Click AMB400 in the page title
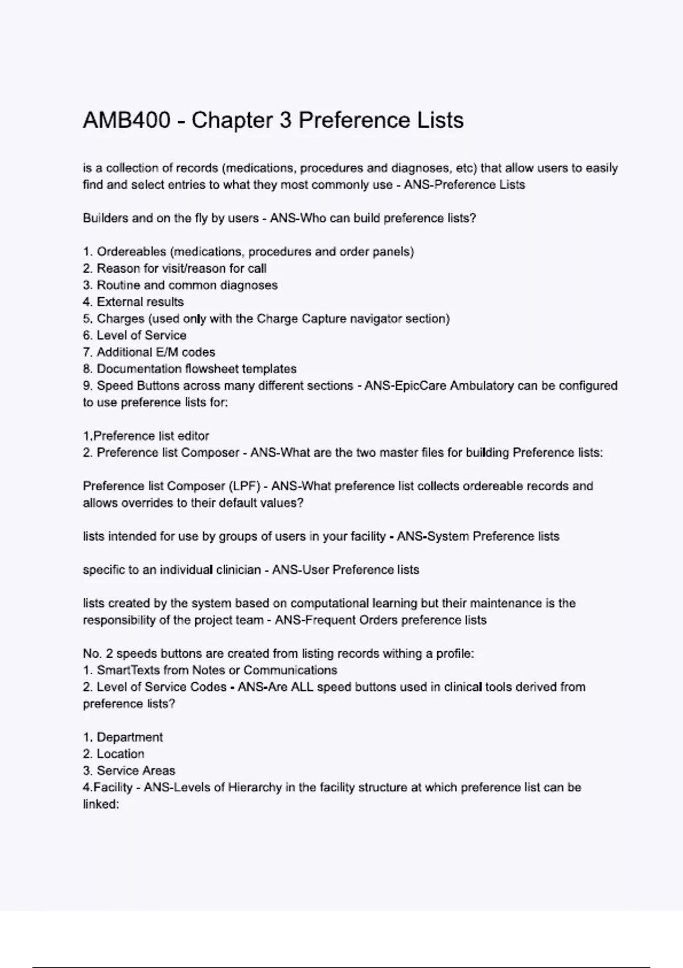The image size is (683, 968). click(126, 121)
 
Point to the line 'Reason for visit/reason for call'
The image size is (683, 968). click(181, 268)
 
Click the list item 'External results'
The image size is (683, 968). click(140, 302)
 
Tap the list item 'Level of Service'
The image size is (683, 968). click(141, 335)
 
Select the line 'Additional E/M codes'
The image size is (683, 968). click(155, 352)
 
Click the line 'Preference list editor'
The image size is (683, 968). click(151, 436)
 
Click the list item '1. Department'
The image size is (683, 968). click(123, 737)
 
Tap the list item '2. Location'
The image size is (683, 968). click(114, 753)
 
